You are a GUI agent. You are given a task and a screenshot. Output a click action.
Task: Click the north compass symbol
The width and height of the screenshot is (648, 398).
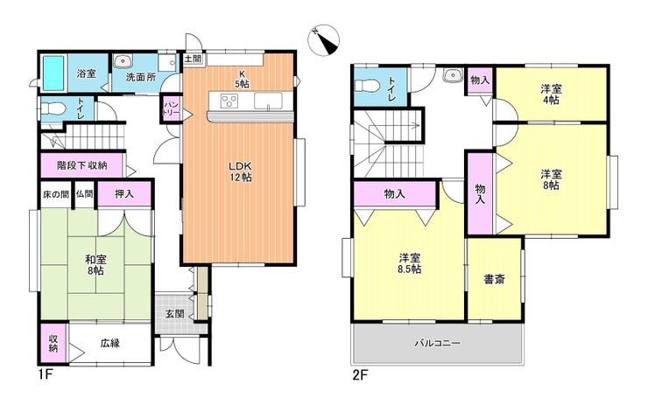323,40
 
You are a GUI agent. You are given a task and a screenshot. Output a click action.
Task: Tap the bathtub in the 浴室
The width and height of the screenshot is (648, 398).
53,73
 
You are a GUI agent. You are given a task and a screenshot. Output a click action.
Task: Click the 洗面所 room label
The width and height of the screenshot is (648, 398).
140,77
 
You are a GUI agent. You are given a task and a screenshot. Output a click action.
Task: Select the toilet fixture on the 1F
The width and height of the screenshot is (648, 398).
53,109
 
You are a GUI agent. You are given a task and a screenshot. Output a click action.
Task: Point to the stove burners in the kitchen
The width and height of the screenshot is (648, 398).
229,101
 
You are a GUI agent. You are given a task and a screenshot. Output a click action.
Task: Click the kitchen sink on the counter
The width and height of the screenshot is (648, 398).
268,101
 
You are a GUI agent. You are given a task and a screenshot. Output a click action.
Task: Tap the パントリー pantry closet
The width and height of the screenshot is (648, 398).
172,108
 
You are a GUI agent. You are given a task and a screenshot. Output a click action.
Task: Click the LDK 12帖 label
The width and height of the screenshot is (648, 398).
241,171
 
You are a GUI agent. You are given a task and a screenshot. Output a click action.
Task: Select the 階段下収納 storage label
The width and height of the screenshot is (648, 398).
81,165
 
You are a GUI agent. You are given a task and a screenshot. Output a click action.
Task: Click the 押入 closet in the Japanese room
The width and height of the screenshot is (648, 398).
124,193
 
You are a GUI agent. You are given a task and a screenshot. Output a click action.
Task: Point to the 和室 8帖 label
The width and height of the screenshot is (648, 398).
95,265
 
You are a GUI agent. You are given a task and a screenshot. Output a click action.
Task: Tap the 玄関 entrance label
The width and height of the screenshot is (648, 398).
175,314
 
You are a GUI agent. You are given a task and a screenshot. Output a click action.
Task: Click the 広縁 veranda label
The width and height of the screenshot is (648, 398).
109,343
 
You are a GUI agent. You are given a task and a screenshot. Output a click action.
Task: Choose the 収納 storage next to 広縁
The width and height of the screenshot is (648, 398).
53,343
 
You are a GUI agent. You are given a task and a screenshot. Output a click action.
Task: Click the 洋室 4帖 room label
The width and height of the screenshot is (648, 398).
551,94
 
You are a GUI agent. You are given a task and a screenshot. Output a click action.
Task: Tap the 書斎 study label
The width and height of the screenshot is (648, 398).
494,280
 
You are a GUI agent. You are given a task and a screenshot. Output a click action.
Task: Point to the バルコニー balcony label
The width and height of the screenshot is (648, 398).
438,343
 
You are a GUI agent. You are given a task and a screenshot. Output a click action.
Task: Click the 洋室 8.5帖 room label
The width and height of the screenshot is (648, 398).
410,264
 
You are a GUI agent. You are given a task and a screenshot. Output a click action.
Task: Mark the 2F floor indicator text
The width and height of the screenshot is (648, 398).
360,375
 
